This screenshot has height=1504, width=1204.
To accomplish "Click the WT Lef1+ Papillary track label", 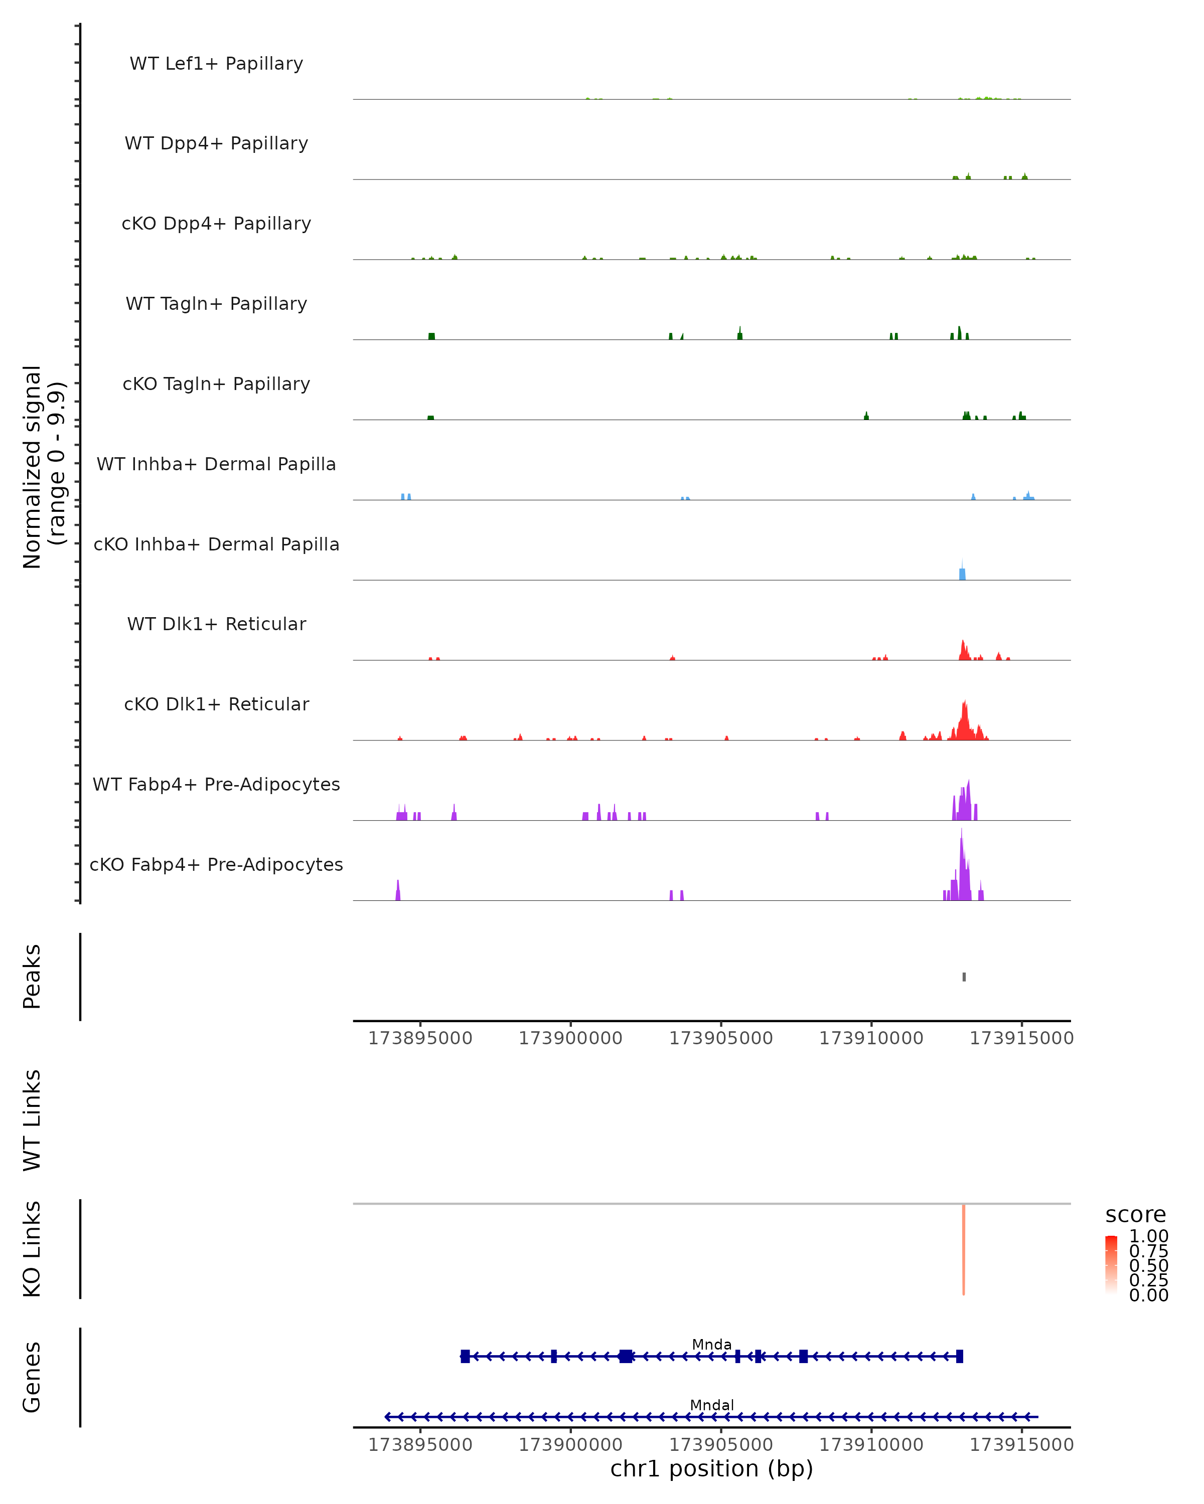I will (216, 64).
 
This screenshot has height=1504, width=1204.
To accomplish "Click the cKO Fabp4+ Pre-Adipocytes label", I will (216, 864).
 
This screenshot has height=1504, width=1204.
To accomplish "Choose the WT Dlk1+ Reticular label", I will (216, 624).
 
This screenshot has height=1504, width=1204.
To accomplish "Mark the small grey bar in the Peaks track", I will (964, 977).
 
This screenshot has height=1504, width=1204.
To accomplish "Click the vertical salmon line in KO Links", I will (964, 1249).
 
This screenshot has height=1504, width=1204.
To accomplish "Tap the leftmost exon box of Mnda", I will (465, 1356).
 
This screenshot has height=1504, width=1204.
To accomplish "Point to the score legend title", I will (1136, 1215).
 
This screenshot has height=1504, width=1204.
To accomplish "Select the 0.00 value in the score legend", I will (1148, 1295).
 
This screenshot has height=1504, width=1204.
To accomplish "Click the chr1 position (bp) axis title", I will (712, 1468).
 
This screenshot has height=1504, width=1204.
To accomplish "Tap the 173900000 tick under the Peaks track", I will (570, 1038).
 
